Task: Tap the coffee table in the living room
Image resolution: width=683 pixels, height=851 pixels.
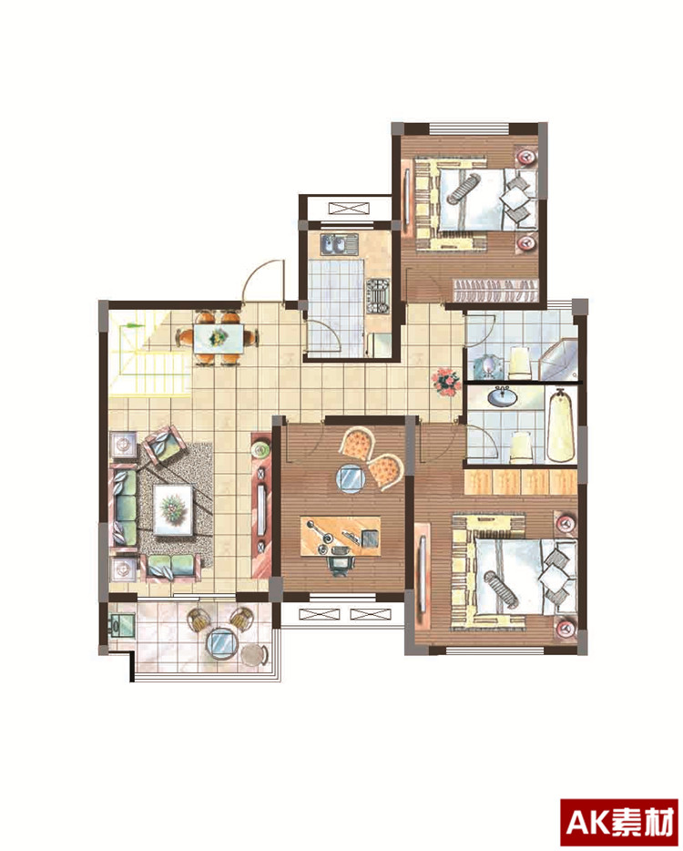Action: (x=174, y=510)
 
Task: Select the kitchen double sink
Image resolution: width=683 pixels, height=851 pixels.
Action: (x=339, y=245)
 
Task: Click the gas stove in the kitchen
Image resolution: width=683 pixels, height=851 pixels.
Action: (x=378, y=296)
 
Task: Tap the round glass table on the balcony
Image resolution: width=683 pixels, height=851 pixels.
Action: (x=222, y=644)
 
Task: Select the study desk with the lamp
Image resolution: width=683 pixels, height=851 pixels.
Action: (x=341, y=536)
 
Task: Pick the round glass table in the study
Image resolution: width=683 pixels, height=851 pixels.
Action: (x=352, y=479)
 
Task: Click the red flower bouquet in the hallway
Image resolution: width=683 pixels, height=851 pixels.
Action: (x=446, y=382)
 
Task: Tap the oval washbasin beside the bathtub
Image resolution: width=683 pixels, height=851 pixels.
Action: (x=503, y=396)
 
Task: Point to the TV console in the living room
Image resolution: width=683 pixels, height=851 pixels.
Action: (x=261, y=505)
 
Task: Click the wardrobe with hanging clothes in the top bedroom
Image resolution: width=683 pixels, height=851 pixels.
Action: (x=494, y=290)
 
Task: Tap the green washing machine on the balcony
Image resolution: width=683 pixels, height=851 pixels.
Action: (x=121, y=625)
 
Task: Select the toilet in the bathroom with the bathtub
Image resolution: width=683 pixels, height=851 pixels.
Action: (x=520, y=447)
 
